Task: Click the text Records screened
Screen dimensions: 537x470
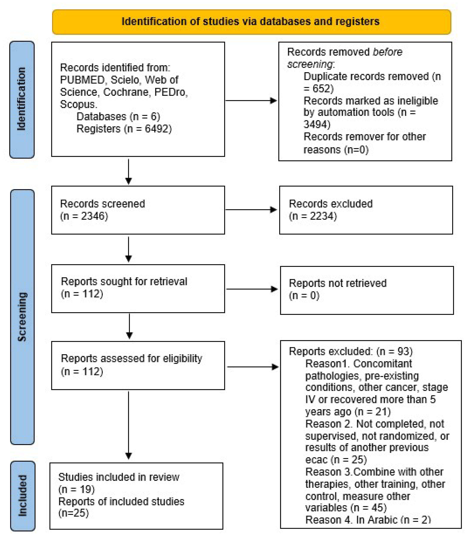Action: [x=102, y=204]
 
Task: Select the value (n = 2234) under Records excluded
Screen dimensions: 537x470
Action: [x=313, y=216]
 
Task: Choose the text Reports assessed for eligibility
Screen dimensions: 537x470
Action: [x=131, y=358]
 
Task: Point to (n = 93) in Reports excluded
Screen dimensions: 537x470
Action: [x=395, y=351]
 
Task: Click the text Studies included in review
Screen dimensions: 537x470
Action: [x=119, y=477]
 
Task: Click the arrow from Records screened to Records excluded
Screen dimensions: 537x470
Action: [x=251, y=210]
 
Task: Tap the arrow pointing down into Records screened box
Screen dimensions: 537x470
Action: [x=129, y=172]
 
